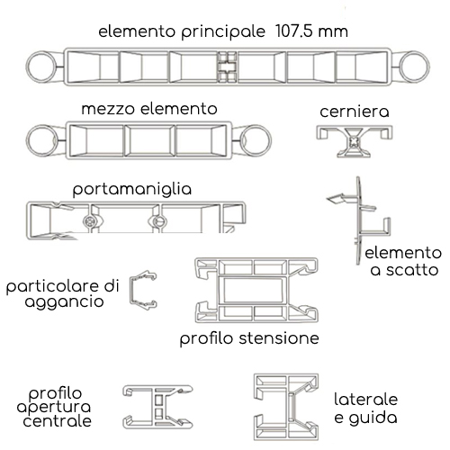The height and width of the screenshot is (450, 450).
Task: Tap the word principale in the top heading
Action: [x=223, y=32]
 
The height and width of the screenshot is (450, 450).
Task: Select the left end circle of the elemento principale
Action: [x=41, y=67]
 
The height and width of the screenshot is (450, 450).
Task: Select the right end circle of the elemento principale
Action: [x=415, y=67]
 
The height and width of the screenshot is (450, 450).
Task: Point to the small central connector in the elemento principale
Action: [x=227, y=67]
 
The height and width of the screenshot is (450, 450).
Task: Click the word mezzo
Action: [x=108, y=109]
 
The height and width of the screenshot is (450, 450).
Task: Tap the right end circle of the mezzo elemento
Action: [x=256, y=140]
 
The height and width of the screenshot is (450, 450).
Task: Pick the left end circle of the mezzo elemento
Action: [x=41, y=140]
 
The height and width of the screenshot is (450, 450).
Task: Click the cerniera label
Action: [x=355, y=112]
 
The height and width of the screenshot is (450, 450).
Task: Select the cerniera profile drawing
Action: [x=355, y=141]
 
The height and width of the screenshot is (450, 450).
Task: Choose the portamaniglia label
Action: [x=132, y=190]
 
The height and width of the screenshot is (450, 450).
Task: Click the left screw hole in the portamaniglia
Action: [x=89, y=221]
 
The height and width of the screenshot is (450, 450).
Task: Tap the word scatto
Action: [x=412, y=270]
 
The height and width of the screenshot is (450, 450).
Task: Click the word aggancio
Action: [x=64, y=302]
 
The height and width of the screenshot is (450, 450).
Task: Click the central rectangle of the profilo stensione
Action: [x=253, y=291]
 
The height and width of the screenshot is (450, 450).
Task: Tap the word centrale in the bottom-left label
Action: [x=57, y=420]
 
